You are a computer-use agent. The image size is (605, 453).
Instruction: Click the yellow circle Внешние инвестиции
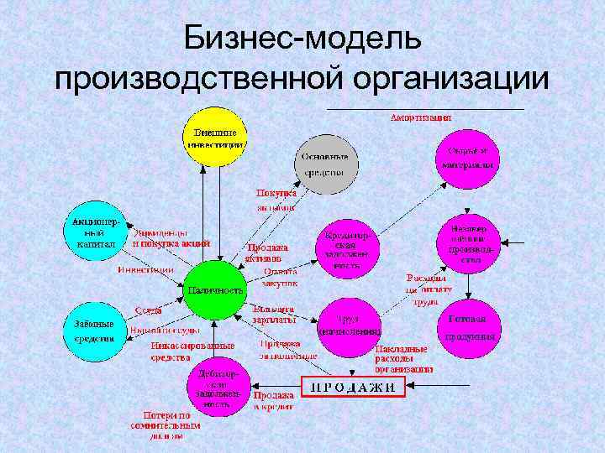215,138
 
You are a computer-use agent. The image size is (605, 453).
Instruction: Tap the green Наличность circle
215,290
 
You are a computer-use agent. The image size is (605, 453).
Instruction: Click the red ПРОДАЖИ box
353,387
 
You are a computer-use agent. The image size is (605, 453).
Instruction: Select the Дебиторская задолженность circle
218,387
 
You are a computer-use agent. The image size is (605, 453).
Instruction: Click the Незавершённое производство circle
469,243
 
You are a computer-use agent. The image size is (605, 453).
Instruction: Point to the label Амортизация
420,118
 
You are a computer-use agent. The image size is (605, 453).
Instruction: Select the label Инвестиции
145,270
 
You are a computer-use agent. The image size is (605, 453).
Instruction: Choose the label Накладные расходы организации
404,358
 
